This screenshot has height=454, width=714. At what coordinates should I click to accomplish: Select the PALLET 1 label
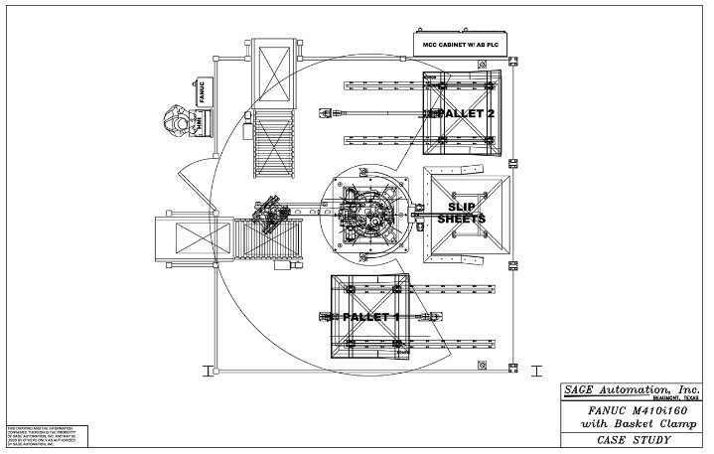[370, 317]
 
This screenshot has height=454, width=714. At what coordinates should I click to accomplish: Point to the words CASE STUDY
[626, 439]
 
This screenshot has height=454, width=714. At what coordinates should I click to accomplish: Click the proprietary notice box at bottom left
[46, 437]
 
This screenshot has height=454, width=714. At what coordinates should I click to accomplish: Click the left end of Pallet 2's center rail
[324, 113]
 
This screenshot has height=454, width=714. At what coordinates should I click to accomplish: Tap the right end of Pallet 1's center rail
[428, 317]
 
